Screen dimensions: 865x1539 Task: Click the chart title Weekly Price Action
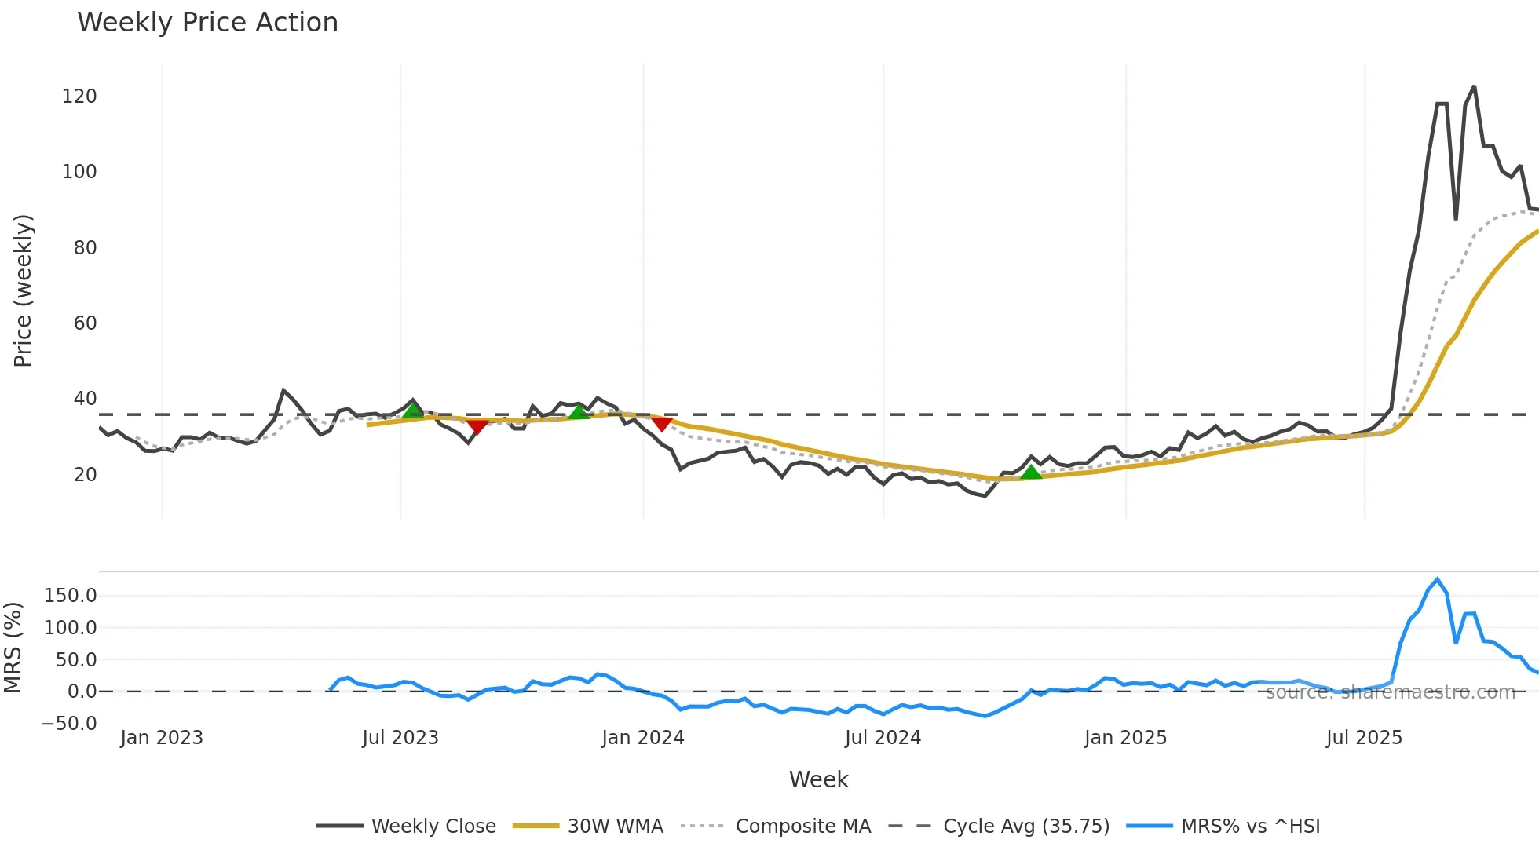[207, 23]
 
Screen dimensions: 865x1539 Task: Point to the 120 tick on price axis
[79, 97]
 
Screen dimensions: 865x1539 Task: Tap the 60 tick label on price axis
[85, 323]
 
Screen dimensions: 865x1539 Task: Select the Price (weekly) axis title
[23, 290]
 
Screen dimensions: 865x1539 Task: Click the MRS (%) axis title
[13, 648]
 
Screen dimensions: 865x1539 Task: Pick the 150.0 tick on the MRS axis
[70, 596]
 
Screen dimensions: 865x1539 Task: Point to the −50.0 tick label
[69, 724]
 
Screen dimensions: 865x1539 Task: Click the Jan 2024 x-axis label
[642, 738]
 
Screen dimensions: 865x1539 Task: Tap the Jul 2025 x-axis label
[1364, 738]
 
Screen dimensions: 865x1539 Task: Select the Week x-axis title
[818, 779]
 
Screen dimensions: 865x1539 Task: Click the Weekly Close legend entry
[406, 827]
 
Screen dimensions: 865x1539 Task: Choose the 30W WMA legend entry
[588, 827]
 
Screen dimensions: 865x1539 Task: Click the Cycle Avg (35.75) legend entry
[999, 827]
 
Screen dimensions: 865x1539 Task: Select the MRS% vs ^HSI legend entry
[1223, 827]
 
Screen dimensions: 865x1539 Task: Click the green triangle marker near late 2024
[1031, 472]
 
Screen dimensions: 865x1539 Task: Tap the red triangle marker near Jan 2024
[662, 424]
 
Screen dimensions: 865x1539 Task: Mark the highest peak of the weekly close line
[1474, 87]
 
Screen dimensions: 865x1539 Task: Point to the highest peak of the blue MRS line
[1438, 580]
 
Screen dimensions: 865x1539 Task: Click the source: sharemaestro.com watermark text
[1390, 692]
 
